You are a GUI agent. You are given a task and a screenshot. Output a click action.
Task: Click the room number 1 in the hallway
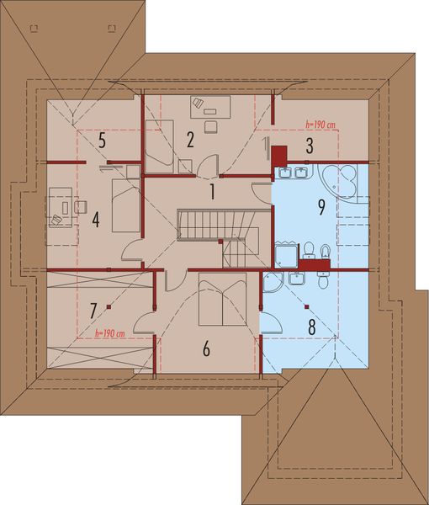tap(213, 192)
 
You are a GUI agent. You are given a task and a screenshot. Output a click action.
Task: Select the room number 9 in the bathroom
tap(320, 209)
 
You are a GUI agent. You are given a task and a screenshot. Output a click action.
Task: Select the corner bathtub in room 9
tap(343, 180)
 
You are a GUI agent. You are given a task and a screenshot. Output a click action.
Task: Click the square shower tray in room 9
tap(286, 253)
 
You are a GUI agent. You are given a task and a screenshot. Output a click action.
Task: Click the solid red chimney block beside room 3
tap(279, 155)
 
